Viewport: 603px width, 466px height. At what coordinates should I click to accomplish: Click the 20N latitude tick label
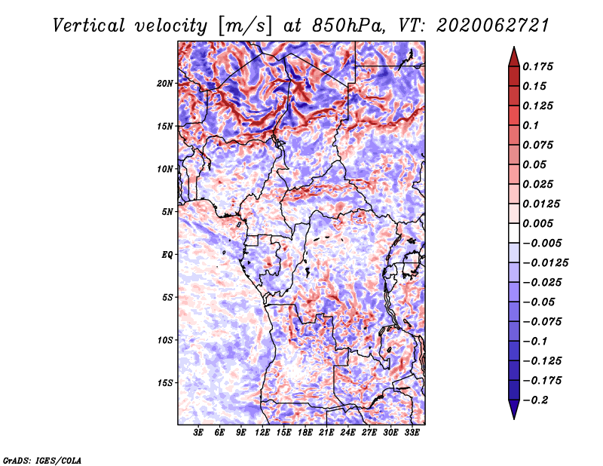[x=166, y=83]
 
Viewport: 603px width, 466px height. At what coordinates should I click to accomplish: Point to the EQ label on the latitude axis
[x=167, y=255]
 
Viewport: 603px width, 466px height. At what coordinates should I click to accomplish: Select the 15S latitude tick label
[x=166, y=383]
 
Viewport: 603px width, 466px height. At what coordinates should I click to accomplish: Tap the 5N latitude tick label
[x=167, y=212]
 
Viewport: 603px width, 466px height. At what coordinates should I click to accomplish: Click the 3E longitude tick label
[x=199, y=434]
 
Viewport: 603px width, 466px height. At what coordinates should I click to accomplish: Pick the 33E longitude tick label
[x=412, y=434]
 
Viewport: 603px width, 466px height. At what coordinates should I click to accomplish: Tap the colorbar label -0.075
[x=545, y=321]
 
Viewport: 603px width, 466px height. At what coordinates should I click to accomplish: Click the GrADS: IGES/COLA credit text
[x=41, y=459]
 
